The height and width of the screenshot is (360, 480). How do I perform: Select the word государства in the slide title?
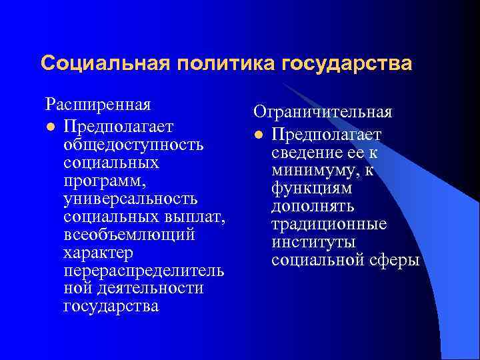[x=347, y=64]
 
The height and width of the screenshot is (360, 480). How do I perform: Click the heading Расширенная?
[x=98, y=105]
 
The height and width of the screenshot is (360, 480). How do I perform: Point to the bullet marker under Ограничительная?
[x=257, y=136]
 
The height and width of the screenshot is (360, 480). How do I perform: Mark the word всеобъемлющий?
[x=129, y=235]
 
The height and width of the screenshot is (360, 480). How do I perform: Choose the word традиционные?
[x=329, y=225]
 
